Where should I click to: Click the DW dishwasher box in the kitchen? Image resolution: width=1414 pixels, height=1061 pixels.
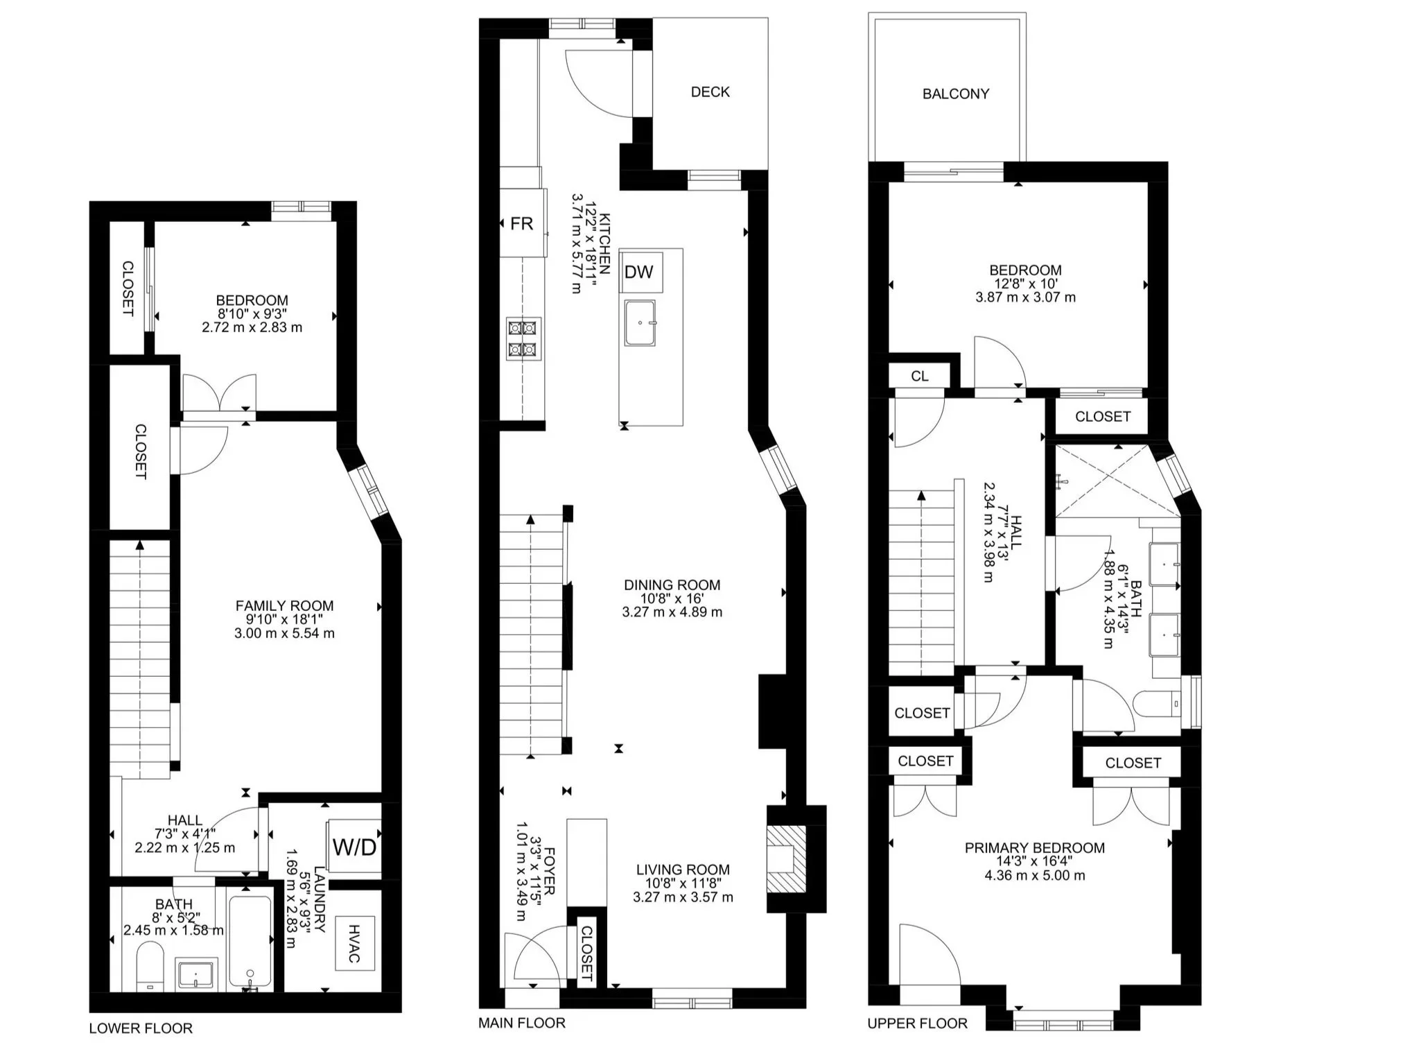638,272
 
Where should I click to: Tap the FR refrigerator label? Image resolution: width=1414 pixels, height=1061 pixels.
521,224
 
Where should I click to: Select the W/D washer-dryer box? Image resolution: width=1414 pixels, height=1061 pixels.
354,847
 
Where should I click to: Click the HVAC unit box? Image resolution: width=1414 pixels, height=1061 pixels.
354,943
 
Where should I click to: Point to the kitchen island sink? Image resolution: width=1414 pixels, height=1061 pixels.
639,322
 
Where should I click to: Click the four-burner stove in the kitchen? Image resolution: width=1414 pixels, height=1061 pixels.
523,338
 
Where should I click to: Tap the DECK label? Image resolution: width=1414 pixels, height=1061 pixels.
710,92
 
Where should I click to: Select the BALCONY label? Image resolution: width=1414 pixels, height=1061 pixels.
955,94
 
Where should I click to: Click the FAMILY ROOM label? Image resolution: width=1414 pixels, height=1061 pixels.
284,606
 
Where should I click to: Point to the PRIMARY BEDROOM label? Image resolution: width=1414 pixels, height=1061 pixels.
1034,848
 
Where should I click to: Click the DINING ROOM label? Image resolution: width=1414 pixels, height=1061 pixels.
672,585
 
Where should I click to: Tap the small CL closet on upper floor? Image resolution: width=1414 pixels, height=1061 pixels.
920,376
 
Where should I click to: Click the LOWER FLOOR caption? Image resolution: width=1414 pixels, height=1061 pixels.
141,1028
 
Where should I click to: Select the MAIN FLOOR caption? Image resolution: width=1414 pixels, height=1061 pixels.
522,1022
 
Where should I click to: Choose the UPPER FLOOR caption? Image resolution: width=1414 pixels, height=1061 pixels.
917,1023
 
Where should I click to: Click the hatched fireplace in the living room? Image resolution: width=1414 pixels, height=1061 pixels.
787,860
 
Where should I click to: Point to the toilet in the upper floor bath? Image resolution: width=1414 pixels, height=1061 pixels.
1158,705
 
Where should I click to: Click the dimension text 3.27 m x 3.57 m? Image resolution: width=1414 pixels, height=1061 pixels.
683,897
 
